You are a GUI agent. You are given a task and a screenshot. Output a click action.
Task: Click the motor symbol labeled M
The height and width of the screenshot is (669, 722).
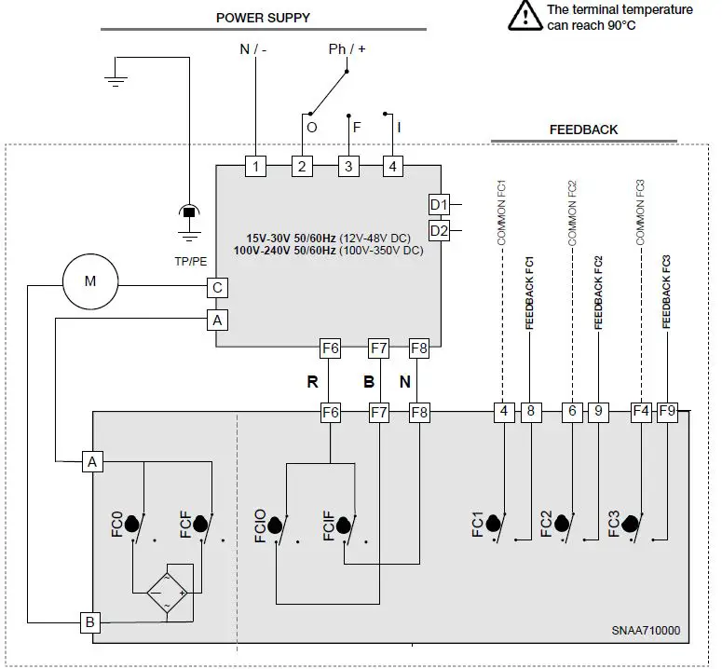[x=90, y=280]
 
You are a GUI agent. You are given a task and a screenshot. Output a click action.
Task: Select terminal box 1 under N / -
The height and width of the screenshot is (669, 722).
[x=255, y=167]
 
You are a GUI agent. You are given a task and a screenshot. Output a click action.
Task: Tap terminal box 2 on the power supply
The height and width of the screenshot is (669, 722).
[x=301, y=167]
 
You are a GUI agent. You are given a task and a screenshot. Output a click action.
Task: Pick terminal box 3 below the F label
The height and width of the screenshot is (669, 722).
[x=347, y=167]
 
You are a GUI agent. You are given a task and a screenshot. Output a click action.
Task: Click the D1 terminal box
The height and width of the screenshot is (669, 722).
[x=439, y=204]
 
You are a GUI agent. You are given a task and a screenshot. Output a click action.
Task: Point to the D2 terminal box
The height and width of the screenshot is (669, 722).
[x=439, y=229]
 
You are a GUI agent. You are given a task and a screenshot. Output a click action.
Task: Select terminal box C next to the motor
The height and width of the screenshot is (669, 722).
[x=217, y=288]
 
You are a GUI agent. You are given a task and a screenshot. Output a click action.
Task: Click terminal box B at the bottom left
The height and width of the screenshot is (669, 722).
[x=90, y=622]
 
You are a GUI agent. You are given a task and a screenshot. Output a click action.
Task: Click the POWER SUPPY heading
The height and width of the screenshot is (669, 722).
[x=264, y=18]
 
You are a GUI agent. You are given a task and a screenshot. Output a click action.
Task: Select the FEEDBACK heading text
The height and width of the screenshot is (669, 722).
[x=583, y=130]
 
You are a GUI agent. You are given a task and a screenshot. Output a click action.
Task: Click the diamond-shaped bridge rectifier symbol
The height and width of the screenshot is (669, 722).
[x=169, y=591]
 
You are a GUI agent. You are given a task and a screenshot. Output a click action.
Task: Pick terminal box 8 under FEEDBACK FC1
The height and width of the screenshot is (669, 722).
[x=530, y=410]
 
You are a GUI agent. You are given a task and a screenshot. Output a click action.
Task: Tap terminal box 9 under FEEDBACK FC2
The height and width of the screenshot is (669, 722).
[x=598, y=410]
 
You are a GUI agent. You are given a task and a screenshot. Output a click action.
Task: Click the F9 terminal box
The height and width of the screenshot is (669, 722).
[x=667, y=410]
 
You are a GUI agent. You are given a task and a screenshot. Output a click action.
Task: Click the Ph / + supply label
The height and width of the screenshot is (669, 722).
[x=347, y=48]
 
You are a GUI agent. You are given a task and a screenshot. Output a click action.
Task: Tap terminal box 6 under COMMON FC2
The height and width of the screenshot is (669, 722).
[x=571, y=410]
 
